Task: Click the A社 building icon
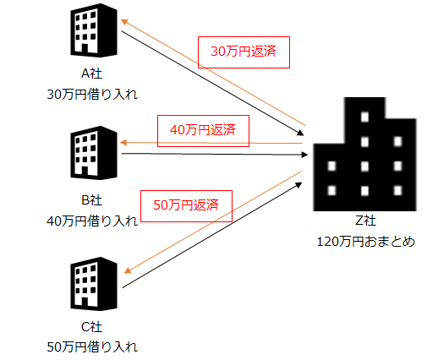coord(94,30)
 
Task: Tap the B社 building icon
coord(94,153)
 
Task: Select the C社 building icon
coord(94,284)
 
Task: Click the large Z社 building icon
coord(364,154)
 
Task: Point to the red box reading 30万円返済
coord(244,52)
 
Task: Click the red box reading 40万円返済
coord(203,131)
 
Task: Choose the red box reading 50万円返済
coord(186,206)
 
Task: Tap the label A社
coord(92,74)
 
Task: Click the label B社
coord(92,200)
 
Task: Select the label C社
coord(92,327)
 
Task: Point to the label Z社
coord(365,221)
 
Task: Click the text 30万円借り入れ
coord(92,95)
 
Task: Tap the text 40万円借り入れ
coord(92,221)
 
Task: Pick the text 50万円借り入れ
coord(92,347)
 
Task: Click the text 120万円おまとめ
coord(366,242)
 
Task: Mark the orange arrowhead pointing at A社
coord(124,21)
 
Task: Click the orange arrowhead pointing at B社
coord(123,143)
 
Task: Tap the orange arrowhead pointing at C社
coord(128,270)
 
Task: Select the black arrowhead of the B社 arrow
coord(304,155)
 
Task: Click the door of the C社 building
coord(85,302)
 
